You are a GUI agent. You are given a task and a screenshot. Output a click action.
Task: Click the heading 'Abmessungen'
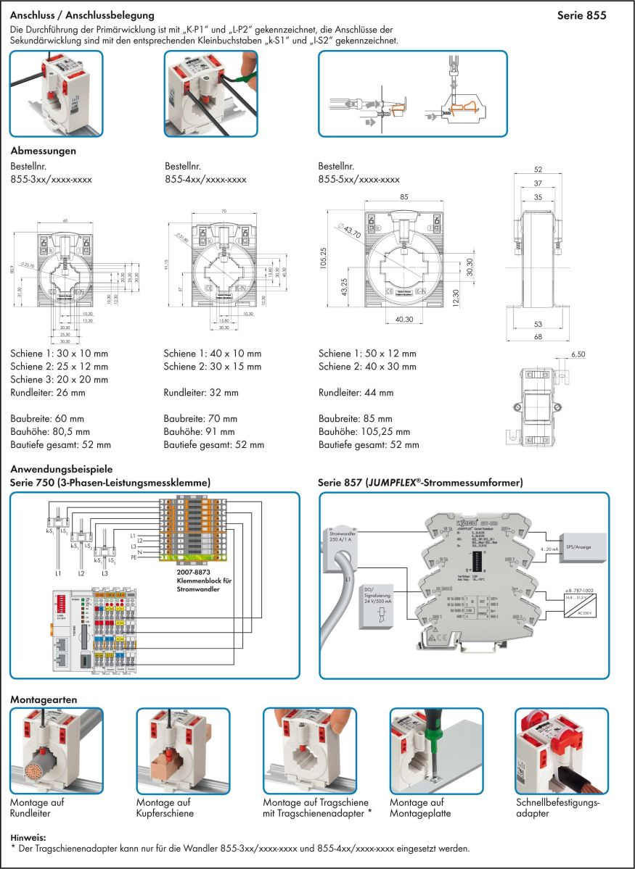click(x=43, y=151)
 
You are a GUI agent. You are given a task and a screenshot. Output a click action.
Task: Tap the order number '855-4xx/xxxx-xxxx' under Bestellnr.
click(x=206, y=179)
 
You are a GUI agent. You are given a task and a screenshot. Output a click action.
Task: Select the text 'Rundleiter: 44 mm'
click(x=356, y=393)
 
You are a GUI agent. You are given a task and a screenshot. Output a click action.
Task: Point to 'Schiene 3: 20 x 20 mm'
click(x=60, y=379)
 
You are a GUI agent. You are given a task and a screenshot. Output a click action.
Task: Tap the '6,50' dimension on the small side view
click(x=578, y=355)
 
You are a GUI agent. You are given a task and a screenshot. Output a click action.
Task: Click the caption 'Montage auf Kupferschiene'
click(x=165, y=808)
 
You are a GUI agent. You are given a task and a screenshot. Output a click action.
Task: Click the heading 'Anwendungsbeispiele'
click(x=62, y=470)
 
